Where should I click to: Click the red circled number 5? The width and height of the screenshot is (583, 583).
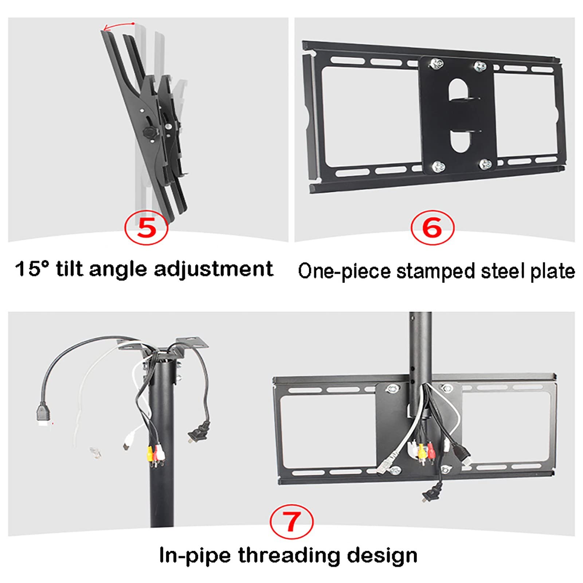[x=146, y=228]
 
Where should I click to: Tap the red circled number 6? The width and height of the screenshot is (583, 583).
[x=433, y=228]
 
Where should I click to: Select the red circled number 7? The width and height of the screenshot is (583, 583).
[x=291, y=521]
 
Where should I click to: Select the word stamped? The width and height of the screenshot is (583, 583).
[x=436, y=272]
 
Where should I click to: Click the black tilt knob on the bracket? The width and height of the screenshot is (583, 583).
[x=149, y=133]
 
